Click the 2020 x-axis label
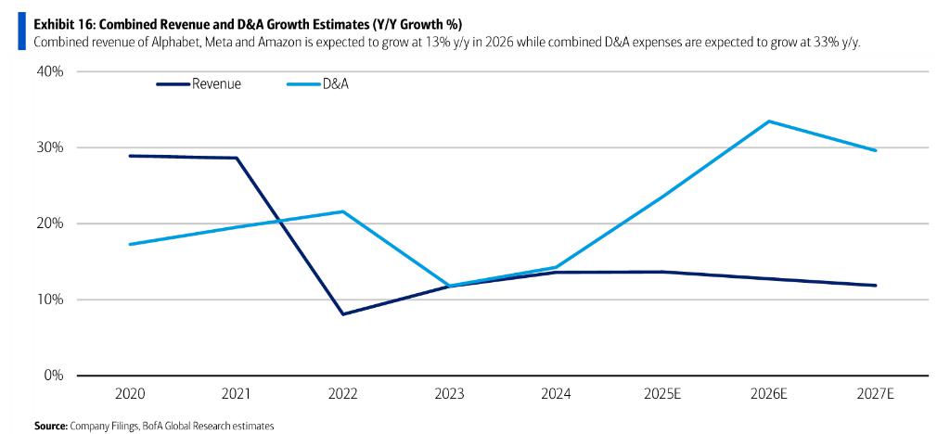130,394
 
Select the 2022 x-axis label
343,394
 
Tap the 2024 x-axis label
556,394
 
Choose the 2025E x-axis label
662,394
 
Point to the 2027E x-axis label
875,394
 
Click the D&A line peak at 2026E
769,121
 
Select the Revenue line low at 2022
343,314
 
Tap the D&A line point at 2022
343,211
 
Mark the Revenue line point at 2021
237,158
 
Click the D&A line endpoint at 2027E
875,150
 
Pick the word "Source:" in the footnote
50,426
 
